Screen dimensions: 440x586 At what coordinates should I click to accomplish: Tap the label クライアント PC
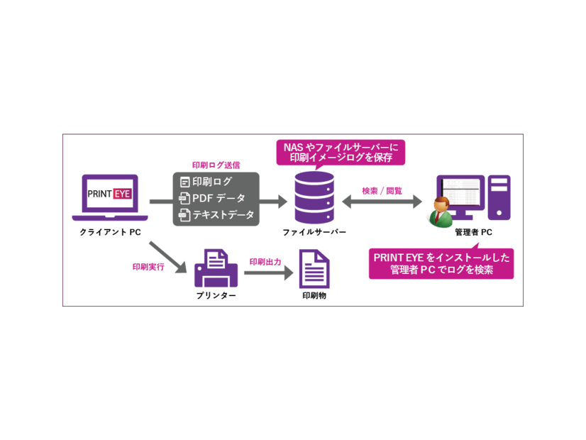(x=110, y=232)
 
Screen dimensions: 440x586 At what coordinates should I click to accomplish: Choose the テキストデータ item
(x=216, y=214)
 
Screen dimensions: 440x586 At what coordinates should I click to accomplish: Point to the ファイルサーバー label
(x=314, y=232)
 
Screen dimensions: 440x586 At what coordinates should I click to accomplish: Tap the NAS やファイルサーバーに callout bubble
(x=340, y=151)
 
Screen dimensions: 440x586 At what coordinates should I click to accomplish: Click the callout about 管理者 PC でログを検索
(x=442, y=263)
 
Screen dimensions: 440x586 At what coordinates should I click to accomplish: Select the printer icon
(x=215, y=268)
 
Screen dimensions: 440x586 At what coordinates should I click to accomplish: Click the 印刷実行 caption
(x=148, y=266)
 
